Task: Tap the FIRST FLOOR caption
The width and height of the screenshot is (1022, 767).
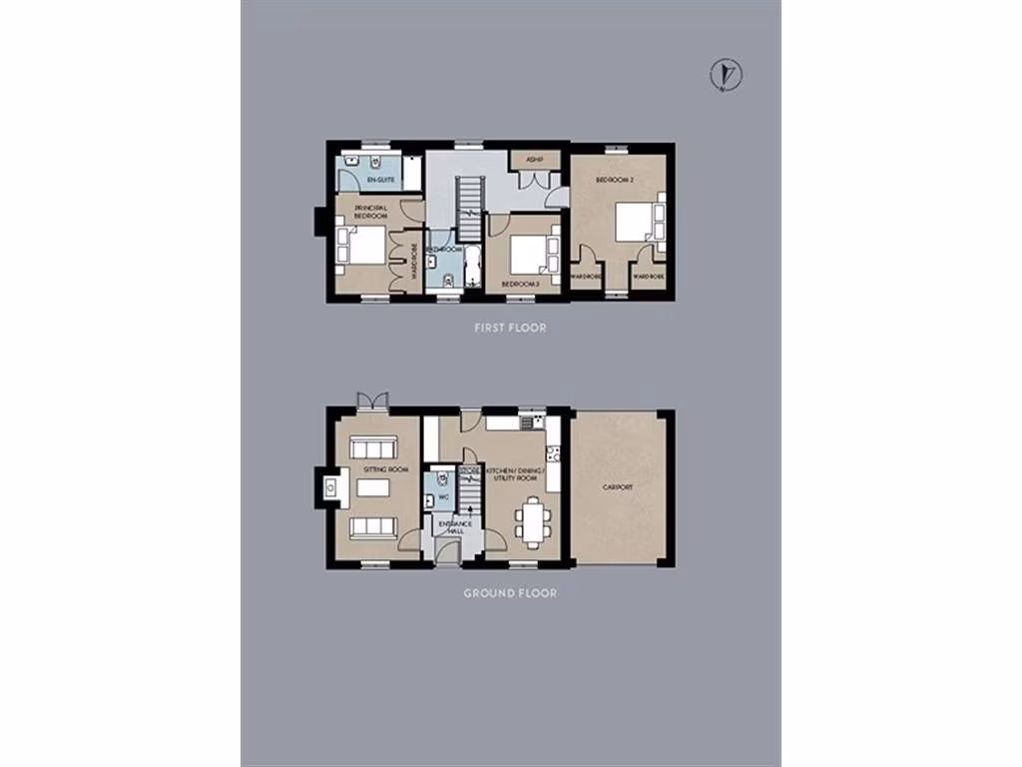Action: [510, 328]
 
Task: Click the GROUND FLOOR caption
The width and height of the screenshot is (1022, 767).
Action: [510, 593]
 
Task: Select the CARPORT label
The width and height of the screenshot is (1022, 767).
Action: [617, 487]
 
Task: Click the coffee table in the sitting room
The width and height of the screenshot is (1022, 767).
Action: [371, 488]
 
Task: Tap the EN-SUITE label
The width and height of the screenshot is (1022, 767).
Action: [380, 179]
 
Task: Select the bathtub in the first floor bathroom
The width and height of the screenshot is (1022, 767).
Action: [473, 267]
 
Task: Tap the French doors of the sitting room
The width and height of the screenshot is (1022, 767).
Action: [373, 401]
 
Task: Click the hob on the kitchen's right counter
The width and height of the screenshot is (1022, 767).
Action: [554, 455]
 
